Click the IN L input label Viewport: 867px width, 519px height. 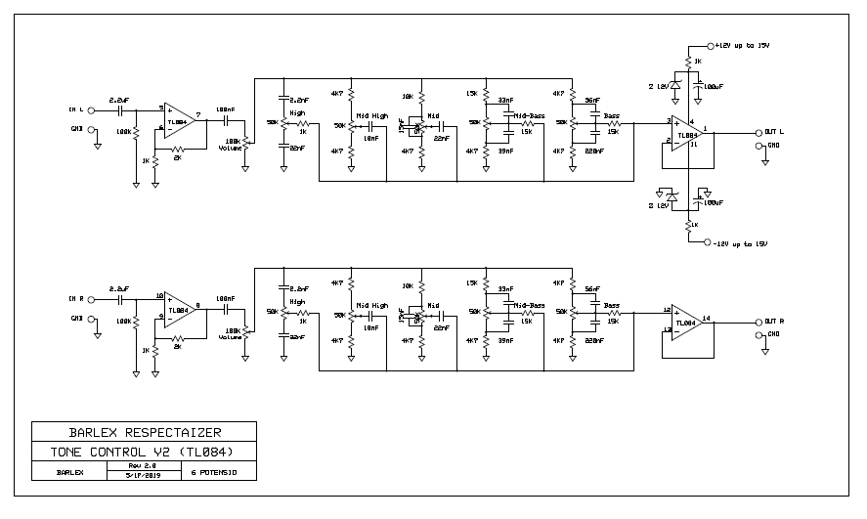(x=75, y=108)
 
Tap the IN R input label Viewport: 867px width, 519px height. (x=75, y=298)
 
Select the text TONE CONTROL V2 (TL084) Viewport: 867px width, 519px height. (x=144, y=452)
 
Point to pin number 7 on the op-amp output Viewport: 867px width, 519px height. (x=198, y=114)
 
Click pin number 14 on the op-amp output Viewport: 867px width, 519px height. (x=706, y=317)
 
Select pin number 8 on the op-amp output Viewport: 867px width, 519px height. (x=198, y=304)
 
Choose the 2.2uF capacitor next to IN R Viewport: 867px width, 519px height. (x=119, y=290)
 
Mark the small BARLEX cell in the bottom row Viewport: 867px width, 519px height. (x=68, y=472)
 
